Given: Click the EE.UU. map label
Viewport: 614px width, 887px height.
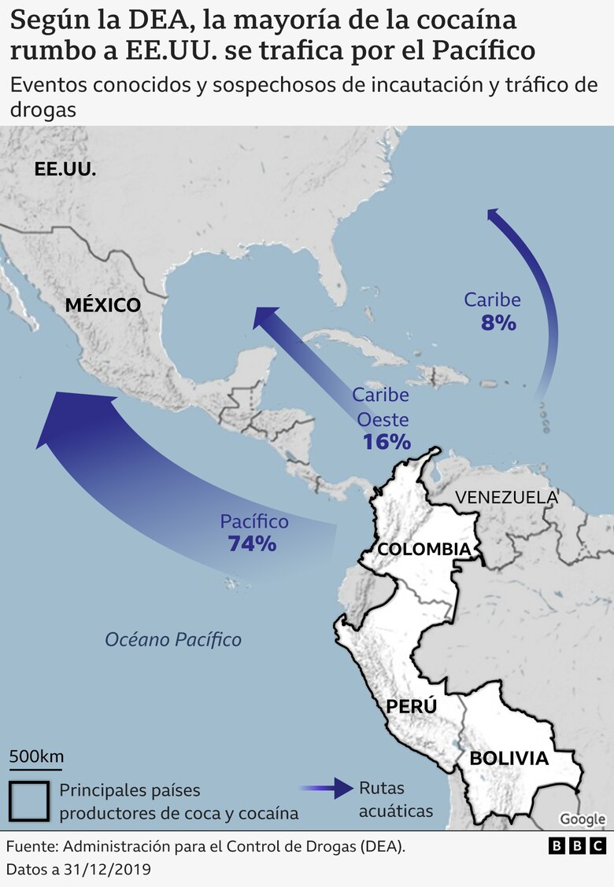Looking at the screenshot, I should [65, 168].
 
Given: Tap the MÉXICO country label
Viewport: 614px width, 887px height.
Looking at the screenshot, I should [102, 305].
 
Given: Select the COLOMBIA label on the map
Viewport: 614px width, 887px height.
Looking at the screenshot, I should [424, 549].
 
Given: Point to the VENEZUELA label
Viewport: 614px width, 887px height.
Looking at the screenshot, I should [506, 497].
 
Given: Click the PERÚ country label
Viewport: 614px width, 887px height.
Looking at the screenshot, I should [411, 706].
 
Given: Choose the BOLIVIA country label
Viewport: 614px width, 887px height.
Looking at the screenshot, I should [509, 759].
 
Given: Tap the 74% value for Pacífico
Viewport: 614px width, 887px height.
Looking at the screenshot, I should [252, 543].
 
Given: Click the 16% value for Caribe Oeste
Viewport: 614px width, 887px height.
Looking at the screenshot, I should [387, 441].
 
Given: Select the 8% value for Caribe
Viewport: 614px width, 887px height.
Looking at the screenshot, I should [497, 322].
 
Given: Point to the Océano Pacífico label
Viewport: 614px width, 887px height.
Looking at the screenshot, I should [173, 639].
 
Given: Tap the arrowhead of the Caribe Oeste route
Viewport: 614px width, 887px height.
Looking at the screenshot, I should [267, 319].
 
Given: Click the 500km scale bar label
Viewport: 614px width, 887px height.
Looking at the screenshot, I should [36, 756].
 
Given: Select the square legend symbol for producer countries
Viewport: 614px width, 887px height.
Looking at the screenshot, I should [30, 801].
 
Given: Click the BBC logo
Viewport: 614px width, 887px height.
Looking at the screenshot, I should [577, 846].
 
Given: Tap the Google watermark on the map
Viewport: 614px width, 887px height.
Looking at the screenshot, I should [583, 819].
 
